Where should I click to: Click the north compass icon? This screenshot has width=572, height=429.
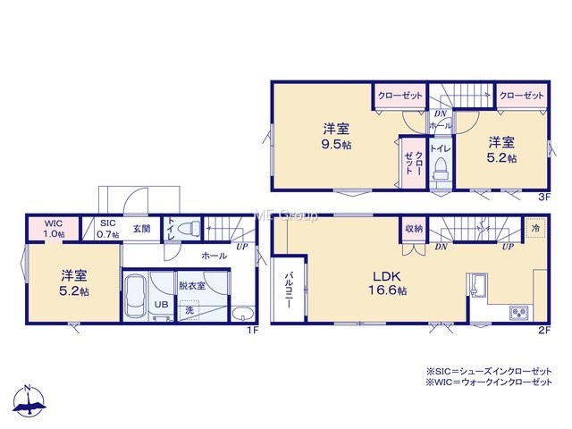29,400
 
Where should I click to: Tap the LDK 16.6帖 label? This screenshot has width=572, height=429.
387,282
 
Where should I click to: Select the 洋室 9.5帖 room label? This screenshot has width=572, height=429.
336,137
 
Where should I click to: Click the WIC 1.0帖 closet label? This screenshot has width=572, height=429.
54,229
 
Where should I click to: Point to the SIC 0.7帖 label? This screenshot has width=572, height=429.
107,229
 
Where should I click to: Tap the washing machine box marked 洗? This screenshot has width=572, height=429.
189,310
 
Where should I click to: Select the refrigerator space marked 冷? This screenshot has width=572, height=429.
535,229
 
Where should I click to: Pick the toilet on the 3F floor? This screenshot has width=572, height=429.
441,169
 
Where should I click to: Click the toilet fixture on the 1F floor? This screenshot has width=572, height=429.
189,229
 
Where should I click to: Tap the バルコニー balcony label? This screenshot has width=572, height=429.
289,290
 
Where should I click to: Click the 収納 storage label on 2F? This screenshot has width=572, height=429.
414,229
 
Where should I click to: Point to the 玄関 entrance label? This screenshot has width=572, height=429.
141,229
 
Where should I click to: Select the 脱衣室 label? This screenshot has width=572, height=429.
192,286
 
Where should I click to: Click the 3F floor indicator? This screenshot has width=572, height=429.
544,198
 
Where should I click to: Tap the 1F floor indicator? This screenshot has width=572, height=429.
253,331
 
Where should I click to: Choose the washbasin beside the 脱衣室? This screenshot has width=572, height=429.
243,315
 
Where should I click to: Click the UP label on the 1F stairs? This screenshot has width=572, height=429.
242,247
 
